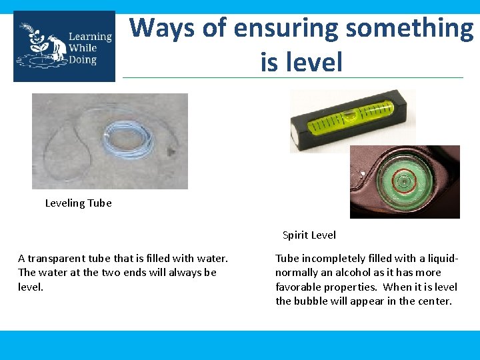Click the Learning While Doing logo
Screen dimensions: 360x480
[x=64, y=46]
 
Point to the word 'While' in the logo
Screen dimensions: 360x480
[x=82, y=48]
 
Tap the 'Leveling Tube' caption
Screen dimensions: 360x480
[x=78, y=203]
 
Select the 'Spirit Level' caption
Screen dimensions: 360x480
[x=309, y=235]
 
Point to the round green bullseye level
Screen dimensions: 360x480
[x=403, y=182]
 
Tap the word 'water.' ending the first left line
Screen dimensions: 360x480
[x=214, y=258]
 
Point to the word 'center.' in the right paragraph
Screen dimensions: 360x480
[x=435, y=301]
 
